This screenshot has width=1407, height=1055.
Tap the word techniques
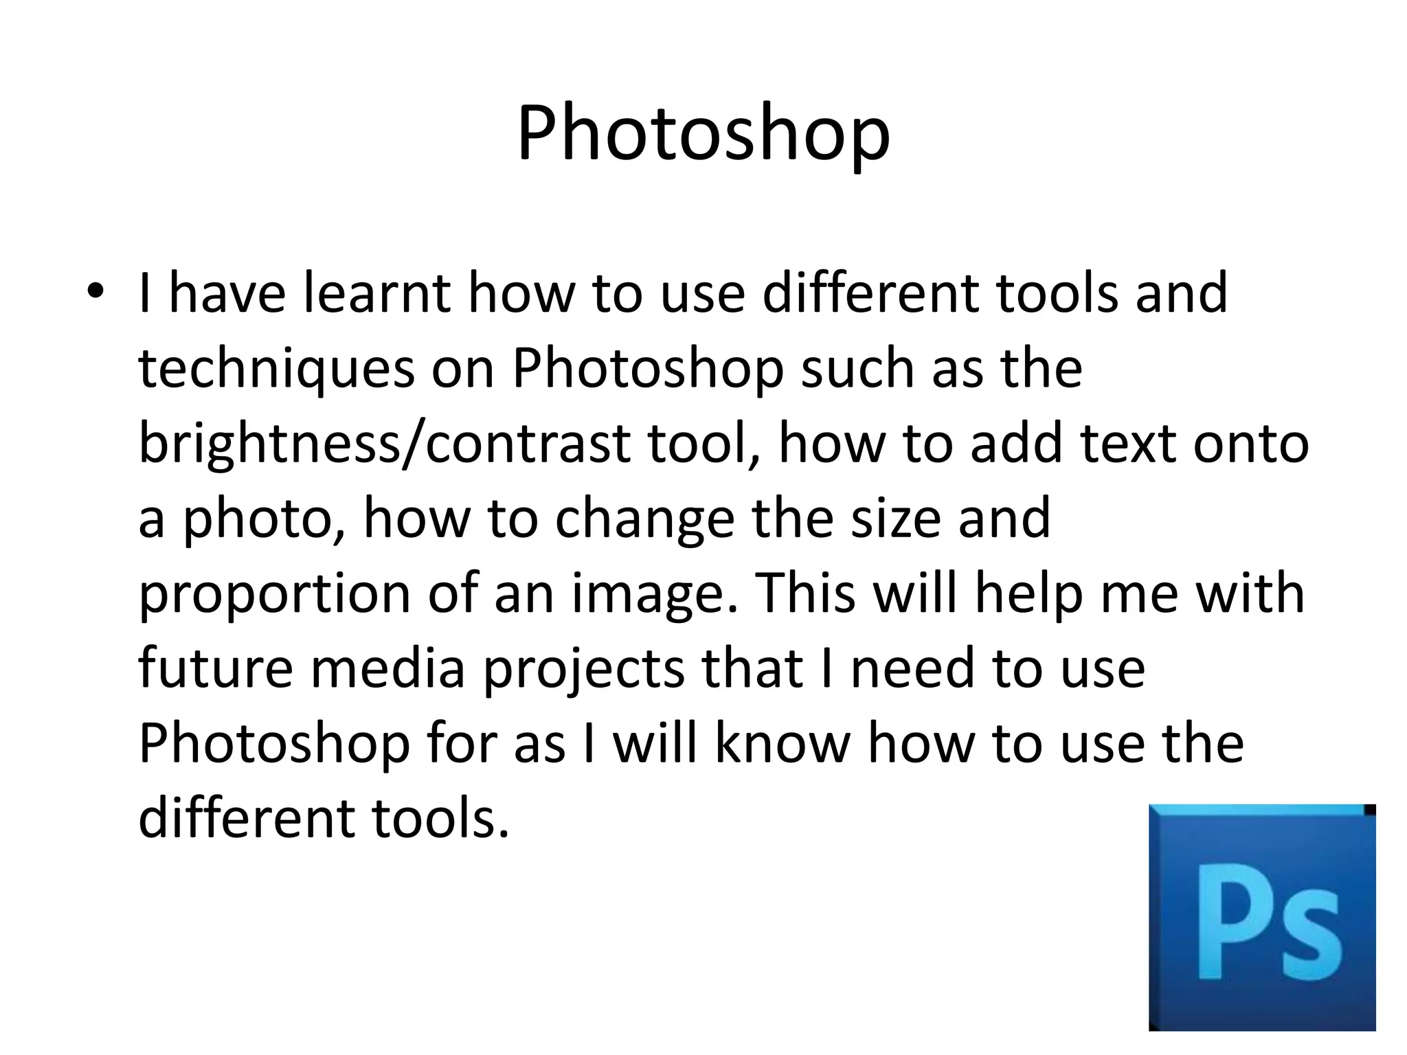(x=276, y=370)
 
